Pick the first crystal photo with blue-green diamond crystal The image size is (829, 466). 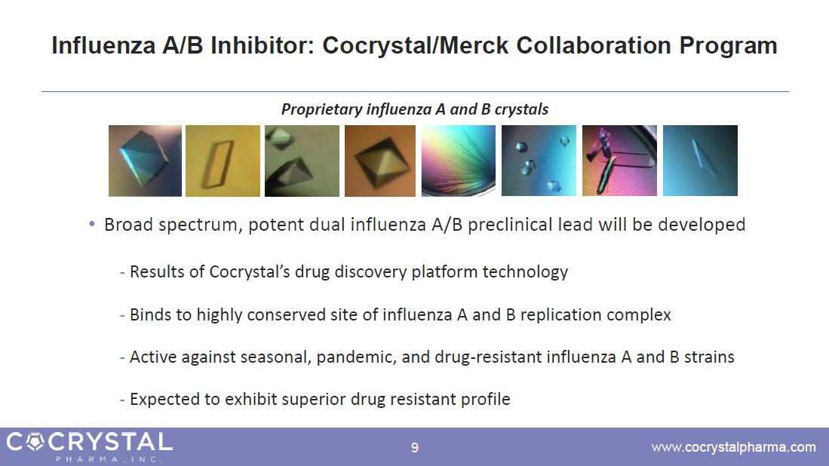click(145, 161)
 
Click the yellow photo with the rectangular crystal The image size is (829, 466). click(223, 161)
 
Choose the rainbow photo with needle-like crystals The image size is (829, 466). click(459, 161)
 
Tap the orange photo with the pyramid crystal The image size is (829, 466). click(380, 161)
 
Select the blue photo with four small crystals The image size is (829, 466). click(539, 161)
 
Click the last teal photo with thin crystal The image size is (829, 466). click(700, 161)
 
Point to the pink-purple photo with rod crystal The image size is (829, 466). click(619, 161)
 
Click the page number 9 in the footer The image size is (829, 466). click(415, 448)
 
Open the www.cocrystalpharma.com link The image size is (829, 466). click(733, 447)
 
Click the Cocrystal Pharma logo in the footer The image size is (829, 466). click(89, 446)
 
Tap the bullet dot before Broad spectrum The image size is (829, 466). click(92, 224)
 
